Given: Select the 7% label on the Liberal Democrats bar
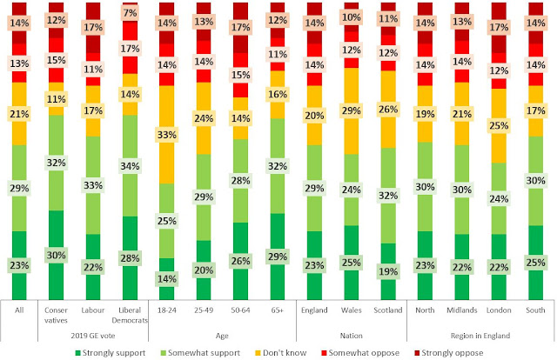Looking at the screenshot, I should click(130, 13).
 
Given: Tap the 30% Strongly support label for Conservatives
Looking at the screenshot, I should click(56, 256).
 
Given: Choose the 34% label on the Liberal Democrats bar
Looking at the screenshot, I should click(130, 165).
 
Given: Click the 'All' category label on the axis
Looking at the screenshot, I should click(19, 310).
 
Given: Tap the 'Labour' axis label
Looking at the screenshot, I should click(93, 310).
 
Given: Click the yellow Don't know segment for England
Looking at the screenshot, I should click(316, 116).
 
